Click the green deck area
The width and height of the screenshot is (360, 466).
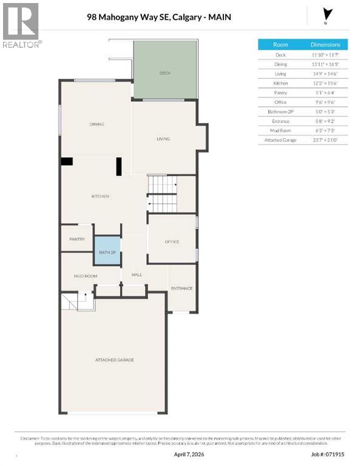click(165, 70)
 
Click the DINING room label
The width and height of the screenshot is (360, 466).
click(97, 124)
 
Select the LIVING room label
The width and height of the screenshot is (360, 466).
click(163, 139)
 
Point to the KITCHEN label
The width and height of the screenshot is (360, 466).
click(100, 197)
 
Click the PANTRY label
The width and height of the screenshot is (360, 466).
click(76, 239)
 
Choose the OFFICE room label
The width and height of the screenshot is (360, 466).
click(172, 242)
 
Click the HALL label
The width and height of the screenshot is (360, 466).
click(137, 275)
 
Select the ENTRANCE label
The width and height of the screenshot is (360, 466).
click(182, 288)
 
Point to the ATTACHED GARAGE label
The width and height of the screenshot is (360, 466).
click(114, 360)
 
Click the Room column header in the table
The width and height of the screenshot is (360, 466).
click(280, 45)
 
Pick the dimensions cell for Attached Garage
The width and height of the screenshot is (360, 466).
click(325, 140)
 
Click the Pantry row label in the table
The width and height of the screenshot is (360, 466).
click(280, 92)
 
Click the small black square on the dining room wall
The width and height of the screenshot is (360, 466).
click(67, 161)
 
